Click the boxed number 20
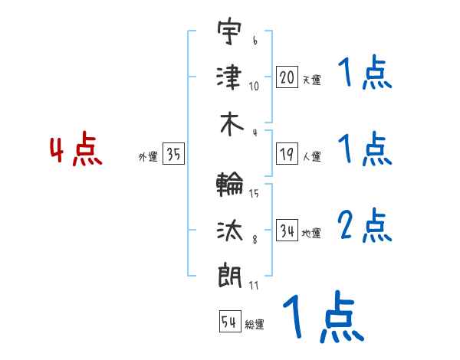(x=287, y=77)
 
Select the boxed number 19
(x=287, y=154)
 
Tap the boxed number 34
(x=287, y=231)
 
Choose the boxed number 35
(x=173, y=155)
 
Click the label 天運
(x=311, y=79)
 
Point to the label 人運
(x=311, y=156)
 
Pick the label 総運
(x=255, y=324)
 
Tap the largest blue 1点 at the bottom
(x=322, y=318)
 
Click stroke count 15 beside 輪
(x=254, y=193)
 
